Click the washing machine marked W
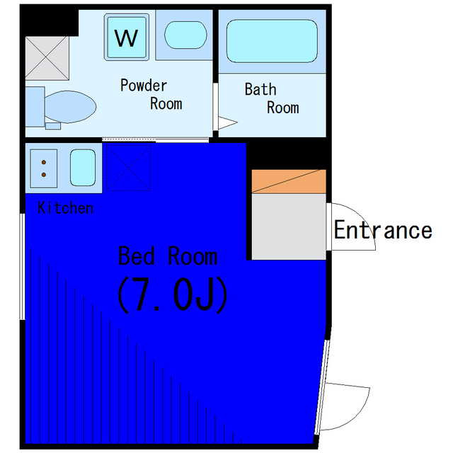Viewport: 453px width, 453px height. tap(127, 36)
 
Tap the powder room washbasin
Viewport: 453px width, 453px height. tap(185, 35)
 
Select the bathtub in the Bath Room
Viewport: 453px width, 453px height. tap(271, 40)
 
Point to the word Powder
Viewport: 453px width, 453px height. tap(144, 86)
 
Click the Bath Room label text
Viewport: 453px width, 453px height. tap(271, 98)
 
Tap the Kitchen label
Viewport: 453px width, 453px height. tap(65, 208)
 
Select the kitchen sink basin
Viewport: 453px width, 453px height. tap(82, 168)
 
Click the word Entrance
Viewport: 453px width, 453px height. tap(382, 230)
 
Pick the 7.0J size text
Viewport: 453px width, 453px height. tap(172, 295)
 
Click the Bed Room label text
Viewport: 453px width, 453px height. tap(168, 256)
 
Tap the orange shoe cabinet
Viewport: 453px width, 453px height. tap(289, 181)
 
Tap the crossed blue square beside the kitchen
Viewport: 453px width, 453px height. tap(128, 168)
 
